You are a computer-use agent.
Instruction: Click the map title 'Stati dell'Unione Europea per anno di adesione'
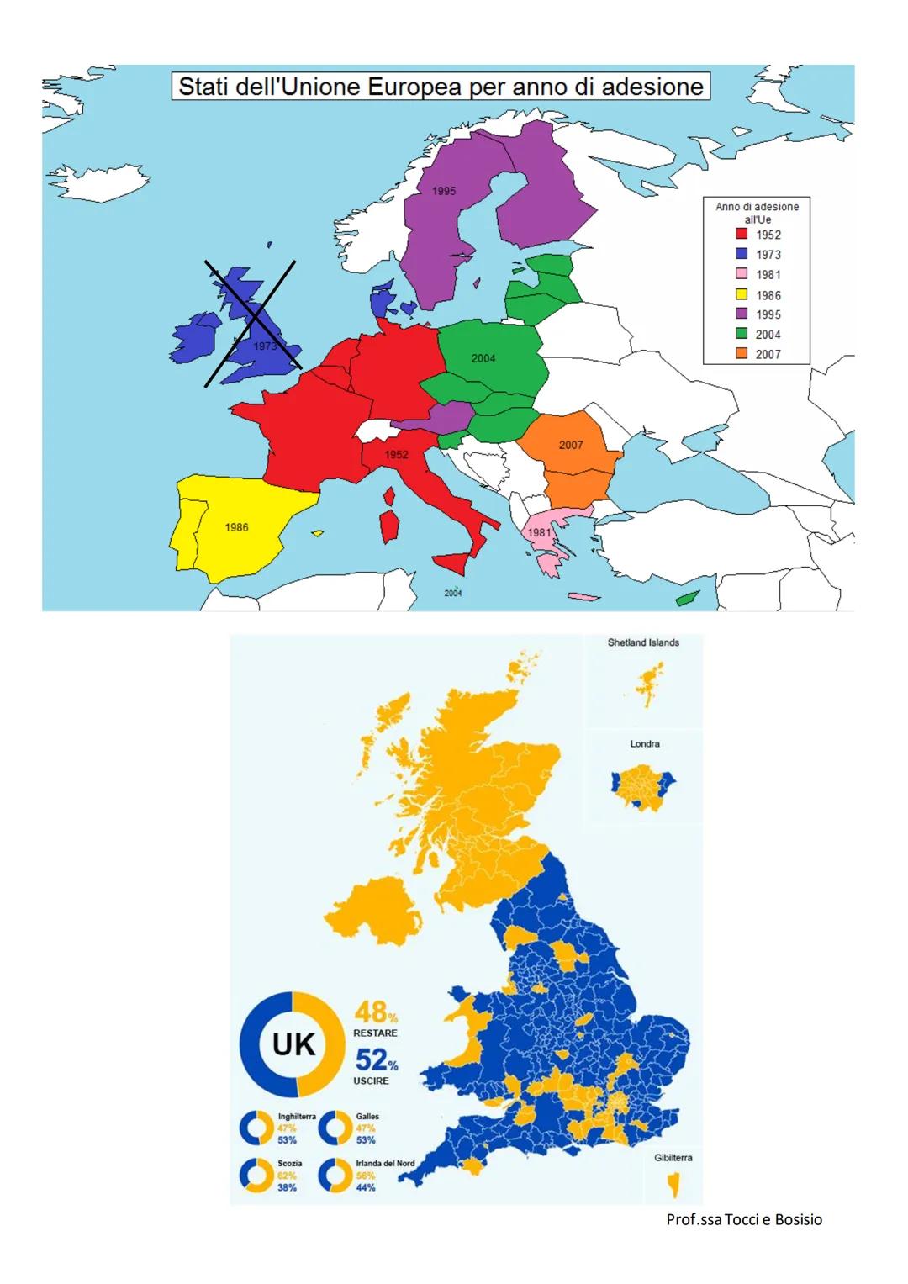point(441,87)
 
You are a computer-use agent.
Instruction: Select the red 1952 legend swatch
point(742,235)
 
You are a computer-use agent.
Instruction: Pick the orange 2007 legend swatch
point(742,354)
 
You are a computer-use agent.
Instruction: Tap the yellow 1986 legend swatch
point(742,294)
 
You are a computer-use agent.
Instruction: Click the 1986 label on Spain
point(236,527)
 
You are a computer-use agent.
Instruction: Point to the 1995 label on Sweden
point(444,191)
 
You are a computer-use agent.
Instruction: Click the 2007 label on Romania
point(571,445)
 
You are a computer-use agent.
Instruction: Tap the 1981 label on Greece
point(539,532)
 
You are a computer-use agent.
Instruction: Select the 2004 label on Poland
point(483,358)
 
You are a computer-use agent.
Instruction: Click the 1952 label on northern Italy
point(396,454)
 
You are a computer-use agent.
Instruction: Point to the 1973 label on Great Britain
point(265,346)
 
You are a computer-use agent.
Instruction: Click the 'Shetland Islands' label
point(643,642)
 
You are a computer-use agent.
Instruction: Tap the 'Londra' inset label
point(645,744)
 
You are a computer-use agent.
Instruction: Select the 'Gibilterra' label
point(673,1158)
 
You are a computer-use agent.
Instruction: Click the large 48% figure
point(375,1012)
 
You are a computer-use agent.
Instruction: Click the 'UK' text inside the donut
point(293,1044)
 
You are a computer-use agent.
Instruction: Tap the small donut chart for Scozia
point(256,1176)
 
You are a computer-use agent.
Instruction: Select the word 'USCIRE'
point(371,1081)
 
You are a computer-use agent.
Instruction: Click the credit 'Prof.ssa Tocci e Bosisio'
point(744,1219)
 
